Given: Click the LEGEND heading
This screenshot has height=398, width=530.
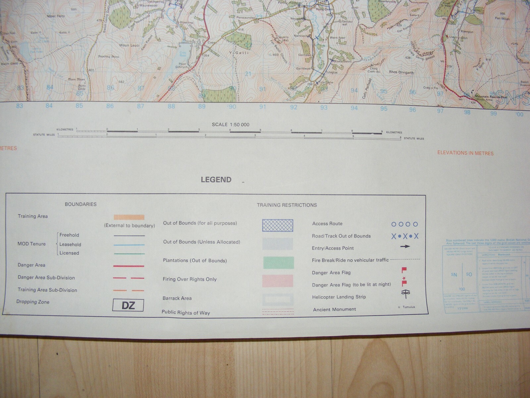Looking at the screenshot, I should [216, 180].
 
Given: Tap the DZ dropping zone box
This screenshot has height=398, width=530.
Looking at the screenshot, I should [128, 305].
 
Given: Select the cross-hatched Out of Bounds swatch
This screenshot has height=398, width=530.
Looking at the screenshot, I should [278, 225].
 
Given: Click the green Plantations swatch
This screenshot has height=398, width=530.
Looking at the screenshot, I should [278, 262].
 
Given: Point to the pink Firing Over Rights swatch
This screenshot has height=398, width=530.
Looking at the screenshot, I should [278, 281].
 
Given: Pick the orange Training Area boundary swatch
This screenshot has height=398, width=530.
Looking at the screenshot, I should [129, 217].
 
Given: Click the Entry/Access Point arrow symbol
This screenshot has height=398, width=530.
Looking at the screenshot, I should [405, 246].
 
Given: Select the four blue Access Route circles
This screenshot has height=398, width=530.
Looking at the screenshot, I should [404, 224].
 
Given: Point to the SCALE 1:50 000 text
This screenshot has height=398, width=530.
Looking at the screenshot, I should [231, 125].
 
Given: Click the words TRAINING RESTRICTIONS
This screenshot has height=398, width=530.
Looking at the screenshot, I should [287, 205].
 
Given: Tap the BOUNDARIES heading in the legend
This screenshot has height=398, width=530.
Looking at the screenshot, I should [80, 204].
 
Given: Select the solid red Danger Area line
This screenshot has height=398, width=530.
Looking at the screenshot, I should [129, 266].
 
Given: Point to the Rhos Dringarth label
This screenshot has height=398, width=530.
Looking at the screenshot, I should [401, 72].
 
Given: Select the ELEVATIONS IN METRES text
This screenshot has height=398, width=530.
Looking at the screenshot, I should [465, 153].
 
